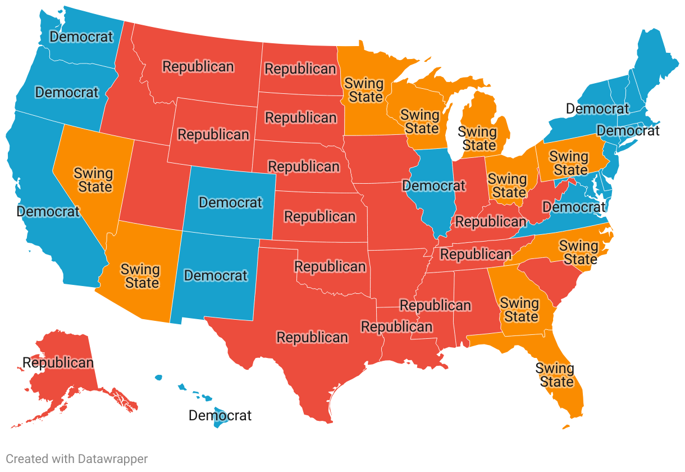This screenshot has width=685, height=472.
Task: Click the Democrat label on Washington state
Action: [x=81, y=37]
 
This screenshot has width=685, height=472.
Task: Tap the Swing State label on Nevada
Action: [x=93, y=180]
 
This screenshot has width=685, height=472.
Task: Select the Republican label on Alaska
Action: [x=58, y=362]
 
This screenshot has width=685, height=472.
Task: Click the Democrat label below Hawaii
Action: [x=220, y=416]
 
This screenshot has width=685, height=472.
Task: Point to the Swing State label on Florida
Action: [x=555, y=375]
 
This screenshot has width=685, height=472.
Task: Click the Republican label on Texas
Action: [x=313, y=338]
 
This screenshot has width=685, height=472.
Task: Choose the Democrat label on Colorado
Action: [x=231, y=202]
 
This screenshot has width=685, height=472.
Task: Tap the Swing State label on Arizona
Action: [x=140, y=276]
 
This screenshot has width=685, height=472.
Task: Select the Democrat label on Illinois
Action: [x=434, y=185]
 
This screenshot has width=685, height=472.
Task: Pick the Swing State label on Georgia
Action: [x=520, y=310]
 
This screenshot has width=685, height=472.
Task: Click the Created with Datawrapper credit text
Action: [x=77, y=459]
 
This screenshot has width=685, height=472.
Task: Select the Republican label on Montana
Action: [x=198, y=66]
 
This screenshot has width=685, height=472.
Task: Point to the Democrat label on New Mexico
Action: [x=216, y=276]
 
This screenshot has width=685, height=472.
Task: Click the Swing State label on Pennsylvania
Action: [x=569, y=163]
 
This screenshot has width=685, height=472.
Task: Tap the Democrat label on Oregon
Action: [x=67, y=92]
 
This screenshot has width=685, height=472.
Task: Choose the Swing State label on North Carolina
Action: [x=579, y=252]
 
